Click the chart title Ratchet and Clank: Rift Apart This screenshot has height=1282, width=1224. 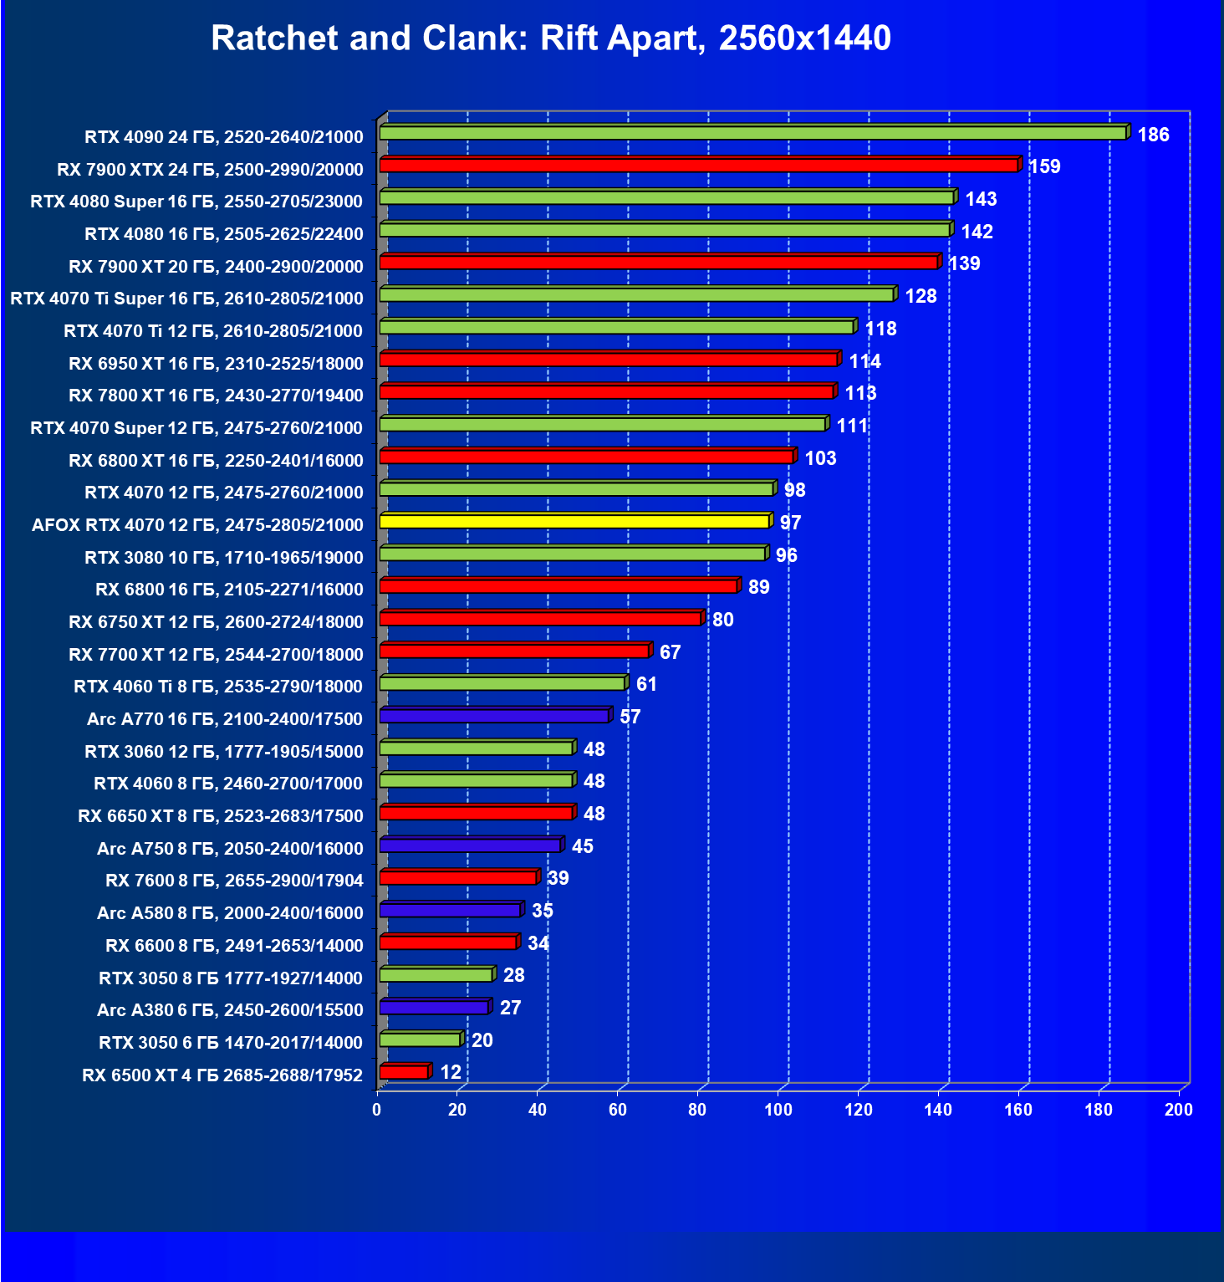[551, 38]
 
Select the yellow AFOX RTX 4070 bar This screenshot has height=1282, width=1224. [574, 521]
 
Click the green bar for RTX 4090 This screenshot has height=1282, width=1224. [752, 133]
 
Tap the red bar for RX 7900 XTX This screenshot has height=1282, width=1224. [699, 165]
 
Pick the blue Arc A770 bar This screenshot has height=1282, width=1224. [494, 716]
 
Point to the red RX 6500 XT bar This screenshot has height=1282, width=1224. [404, 1072]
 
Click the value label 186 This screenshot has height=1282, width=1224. [1153, 135]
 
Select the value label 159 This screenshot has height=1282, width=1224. [1044, 166]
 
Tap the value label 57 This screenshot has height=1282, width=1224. [630, 717]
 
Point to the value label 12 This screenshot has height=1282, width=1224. [451, 1072]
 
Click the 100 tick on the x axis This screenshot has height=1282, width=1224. [778, 1110]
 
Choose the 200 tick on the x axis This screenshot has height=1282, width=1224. [1179, 1110]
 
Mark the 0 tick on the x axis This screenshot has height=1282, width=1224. [377, 1110]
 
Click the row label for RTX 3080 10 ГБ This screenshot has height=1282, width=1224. [224, 558]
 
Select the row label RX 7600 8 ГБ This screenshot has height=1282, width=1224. [234, 881]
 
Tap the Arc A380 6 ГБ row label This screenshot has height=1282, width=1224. [230, 1010]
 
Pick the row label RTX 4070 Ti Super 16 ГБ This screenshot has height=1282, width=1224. [186, 299]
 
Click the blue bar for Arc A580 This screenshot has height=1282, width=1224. [451, 910]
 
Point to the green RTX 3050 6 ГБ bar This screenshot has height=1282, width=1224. [420, 1039]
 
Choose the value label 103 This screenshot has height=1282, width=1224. [820, 458]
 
